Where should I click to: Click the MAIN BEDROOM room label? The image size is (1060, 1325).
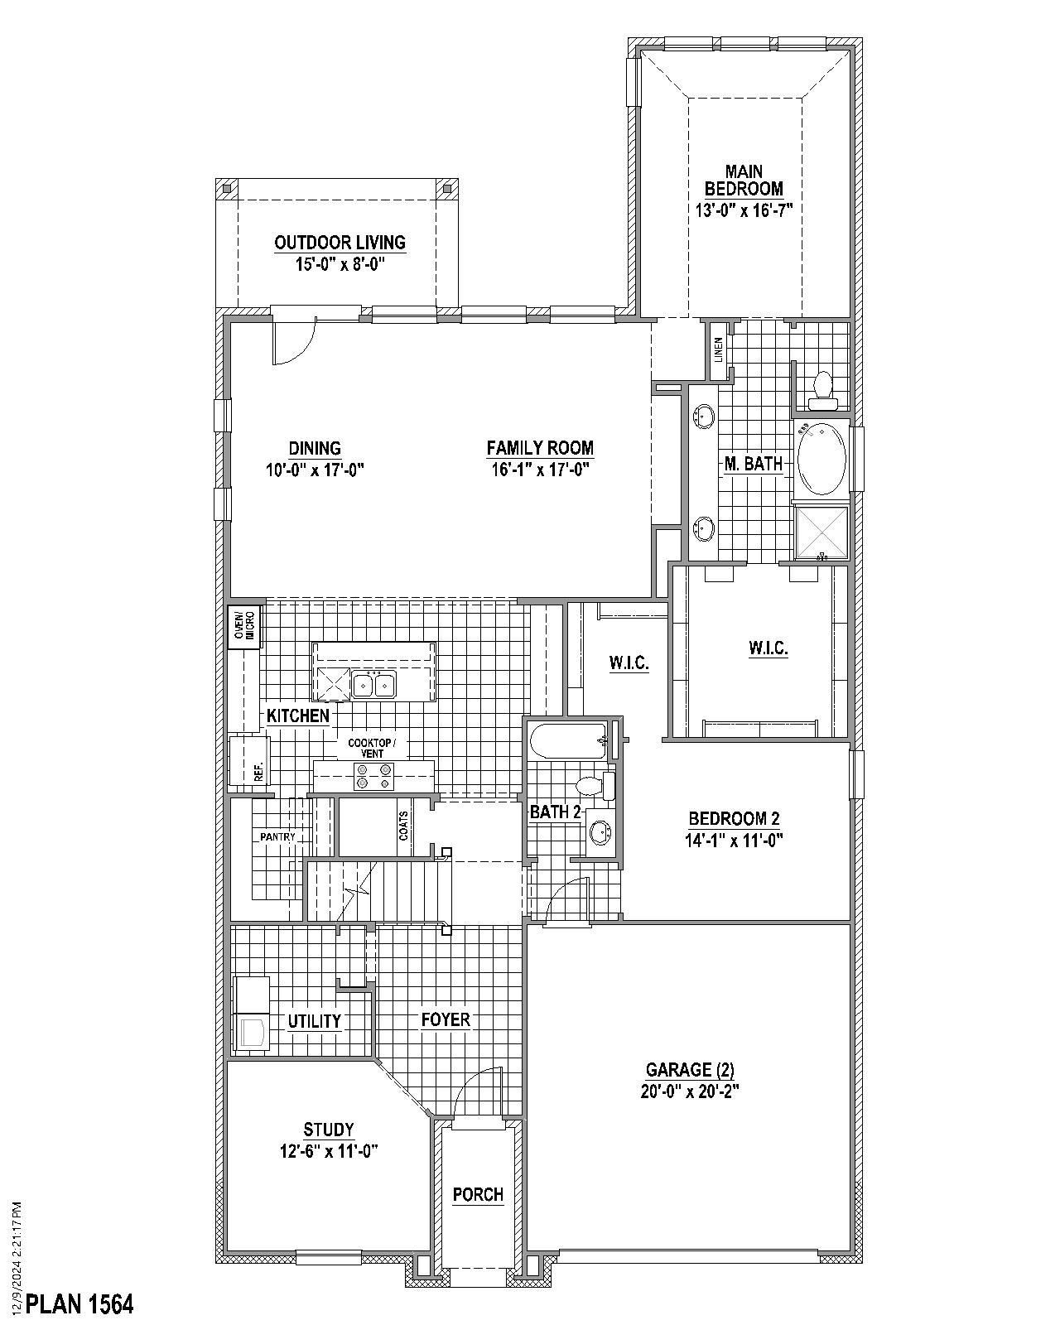pyautogui.click(x=744, y=181)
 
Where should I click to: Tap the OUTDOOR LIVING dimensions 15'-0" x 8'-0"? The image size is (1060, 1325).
pyautogui.click(x=340, y=263)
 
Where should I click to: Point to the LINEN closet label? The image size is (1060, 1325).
pyautogui.click(x=718, y=349)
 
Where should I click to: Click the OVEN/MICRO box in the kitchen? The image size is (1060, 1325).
pyautogui.click(x=243, y=627)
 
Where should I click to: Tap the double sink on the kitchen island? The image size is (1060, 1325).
pyautogui.click(x=373, y=685)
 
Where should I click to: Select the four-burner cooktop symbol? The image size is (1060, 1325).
pyautogui.click(x=373, y=777)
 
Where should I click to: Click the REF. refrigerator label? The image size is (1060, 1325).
pyautogui.click(x=258, y=773)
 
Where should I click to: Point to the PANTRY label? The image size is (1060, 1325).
pyautogui.click(x=277, y=837)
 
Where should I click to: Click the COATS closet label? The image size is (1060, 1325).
pyautogui.click(x=403, y=826)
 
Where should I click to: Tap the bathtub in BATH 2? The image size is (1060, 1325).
pyautogui.click(x=568, y=740)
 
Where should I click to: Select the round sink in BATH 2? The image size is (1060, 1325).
pyautogui.click(x=599, y=831)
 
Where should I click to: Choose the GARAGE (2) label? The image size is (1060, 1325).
pyautogui.click(x=689, y=1070)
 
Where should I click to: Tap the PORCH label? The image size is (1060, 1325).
pyautogui.click(x=478, y=1194)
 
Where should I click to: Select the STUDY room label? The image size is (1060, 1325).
pyautogui.click(x=328, y=1130)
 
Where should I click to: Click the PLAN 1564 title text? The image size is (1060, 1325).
pyautogui.click(x=79, y=1304)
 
